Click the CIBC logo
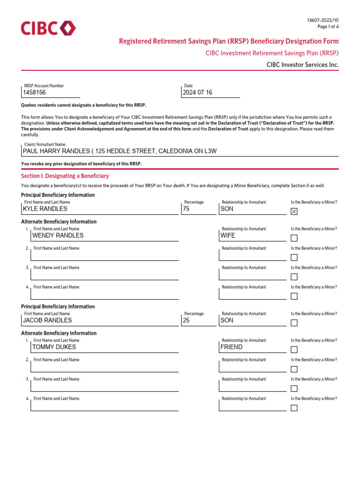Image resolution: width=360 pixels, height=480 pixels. click(48, 29)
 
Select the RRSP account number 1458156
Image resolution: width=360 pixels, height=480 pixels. click(35, 93)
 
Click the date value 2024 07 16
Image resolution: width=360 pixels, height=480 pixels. click(197, 93)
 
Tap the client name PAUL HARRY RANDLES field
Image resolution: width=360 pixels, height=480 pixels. click(120, 151)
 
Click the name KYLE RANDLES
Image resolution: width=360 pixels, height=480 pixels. click(45, 209)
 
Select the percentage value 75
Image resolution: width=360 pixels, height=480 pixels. click(186, 209)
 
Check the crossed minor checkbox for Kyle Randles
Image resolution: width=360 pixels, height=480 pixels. click(294, 211)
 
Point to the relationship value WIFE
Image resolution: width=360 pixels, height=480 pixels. click(228, 236)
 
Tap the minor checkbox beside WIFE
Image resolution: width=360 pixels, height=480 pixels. click(294, 238)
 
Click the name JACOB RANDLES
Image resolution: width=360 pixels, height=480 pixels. click(47, 321)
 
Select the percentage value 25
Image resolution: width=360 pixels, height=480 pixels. click(186, 321)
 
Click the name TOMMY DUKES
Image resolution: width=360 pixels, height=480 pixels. click(53, 347)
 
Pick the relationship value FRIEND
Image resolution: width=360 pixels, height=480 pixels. click(232, 347)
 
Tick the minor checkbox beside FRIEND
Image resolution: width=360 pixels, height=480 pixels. click(294, 350)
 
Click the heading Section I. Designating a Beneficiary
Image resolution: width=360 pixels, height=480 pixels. click(65, 176)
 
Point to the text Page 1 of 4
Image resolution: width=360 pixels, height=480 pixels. click(328, 27)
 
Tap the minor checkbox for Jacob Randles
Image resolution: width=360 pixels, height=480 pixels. click(294, 323)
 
